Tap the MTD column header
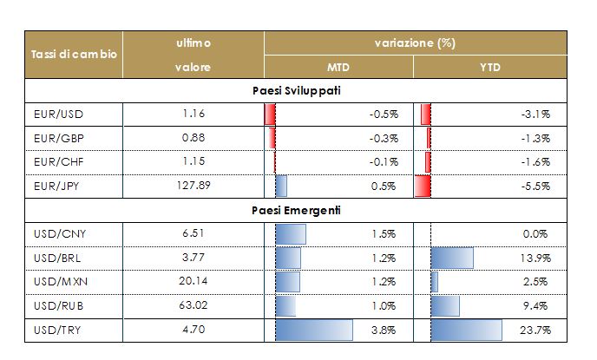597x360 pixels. pos(338,67)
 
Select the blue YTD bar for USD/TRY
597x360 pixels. pos(467,330)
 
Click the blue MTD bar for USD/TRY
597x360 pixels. pos(313,330)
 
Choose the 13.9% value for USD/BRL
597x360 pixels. pos(535,258)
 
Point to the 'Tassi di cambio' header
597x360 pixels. pos(74,55)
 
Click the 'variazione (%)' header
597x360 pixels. pos(415,43)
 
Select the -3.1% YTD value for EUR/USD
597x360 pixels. pos(535,114)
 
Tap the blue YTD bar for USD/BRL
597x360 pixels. pos(452,258)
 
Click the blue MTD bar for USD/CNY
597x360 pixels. pos(291,233)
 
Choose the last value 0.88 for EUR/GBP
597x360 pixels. pos(197,138)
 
